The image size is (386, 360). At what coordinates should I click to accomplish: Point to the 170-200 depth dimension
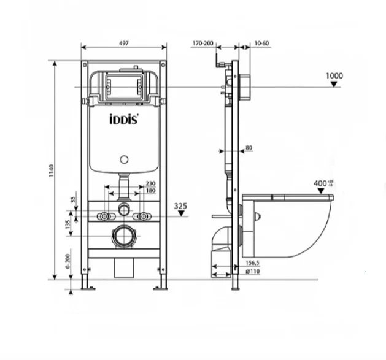(203, 44)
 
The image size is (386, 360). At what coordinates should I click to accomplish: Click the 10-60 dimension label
(261, 44)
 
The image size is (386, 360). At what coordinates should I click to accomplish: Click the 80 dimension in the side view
(248, 147)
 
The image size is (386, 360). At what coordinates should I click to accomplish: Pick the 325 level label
(180, 206)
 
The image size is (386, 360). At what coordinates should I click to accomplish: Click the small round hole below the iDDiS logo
(125, 161)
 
